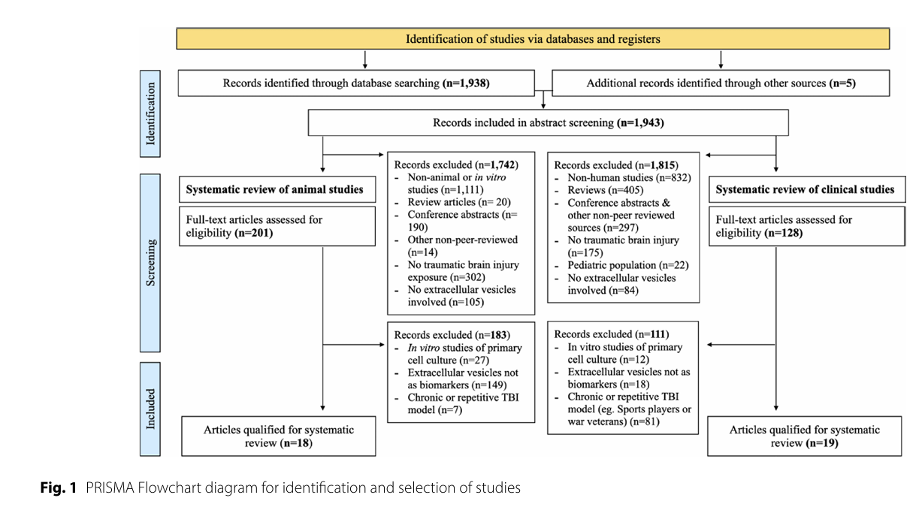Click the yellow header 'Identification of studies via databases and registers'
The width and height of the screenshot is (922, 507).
533,39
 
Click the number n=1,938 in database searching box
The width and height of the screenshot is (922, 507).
466,83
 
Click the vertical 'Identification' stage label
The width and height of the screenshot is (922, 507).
150,113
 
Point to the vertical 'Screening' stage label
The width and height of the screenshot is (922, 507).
150,263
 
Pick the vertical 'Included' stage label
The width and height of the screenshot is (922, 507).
150,409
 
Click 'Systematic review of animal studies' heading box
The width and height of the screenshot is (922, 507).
277,189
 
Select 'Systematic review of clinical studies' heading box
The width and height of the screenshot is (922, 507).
807,189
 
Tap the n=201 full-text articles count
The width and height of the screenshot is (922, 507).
254,233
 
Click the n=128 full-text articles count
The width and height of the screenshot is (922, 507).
784,233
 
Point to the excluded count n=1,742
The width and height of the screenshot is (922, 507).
497,164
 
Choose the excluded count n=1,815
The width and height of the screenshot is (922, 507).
657,165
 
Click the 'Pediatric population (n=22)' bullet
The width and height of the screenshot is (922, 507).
628,265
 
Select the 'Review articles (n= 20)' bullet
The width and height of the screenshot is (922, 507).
459,202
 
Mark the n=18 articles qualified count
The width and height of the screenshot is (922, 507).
296,443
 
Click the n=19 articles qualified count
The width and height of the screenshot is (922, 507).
822,443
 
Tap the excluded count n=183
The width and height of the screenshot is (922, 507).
492,335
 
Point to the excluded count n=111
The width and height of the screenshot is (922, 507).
652,334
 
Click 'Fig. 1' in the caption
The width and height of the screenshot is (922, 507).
59,487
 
